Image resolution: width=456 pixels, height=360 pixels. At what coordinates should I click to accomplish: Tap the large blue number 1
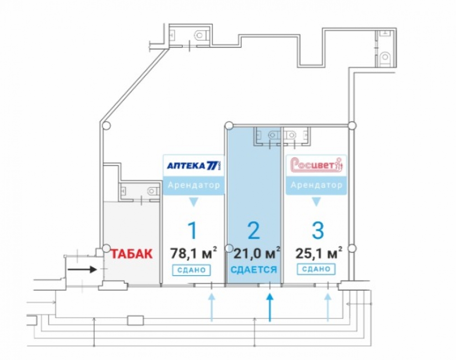pos(193,230)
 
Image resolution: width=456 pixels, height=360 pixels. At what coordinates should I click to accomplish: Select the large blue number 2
pos(254,230)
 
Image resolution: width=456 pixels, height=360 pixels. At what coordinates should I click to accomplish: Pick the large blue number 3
pos(317,230)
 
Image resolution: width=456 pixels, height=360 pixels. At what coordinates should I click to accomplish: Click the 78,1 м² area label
pos(193,252)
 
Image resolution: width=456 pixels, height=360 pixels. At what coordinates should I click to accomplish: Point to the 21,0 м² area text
pos(256,252)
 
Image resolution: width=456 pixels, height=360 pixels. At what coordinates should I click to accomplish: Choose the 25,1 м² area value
pos(319,252)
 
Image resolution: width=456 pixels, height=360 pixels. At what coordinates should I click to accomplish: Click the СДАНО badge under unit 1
pos(192,270)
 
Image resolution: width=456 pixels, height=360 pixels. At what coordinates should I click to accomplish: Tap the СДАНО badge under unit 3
pos(316,269)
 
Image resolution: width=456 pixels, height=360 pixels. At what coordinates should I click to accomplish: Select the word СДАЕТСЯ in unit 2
pos(254,270)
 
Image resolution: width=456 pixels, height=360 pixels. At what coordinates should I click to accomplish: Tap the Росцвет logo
pos(316,165)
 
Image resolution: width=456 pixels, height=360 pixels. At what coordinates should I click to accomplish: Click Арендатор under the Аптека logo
pos(194,186)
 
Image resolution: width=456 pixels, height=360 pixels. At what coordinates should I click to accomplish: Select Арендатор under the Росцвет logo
pos(316,186)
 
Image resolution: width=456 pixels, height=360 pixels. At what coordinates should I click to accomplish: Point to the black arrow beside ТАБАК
pos(83,269)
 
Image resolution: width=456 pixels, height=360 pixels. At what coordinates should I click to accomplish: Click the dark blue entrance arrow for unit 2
pos(270,307)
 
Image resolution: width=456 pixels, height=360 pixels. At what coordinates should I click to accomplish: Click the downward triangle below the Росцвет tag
pos(316,202)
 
